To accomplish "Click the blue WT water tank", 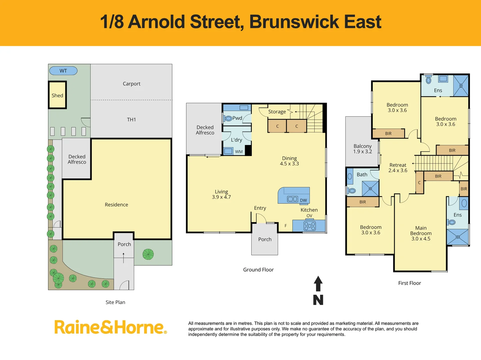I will coord(63,71).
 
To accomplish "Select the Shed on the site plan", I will coord(57,95).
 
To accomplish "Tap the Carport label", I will coord(131,84).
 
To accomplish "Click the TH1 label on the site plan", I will coord(131,119).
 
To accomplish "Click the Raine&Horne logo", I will coord(110,327).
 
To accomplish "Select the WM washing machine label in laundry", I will coord(239,152).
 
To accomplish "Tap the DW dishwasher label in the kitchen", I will coord(303,200).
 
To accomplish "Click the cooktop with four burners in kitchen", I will coord(309,226).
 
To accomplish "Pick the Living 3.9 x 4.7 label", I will coord(221,194).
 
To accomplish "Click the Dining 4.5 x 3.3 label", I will coord(289,161).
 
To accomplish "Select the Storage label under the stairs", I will coord(277,112).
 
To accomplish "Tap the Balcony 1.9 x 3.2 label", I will coord(362,149).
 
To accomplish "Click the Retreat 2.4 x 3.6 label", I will coord(398,168).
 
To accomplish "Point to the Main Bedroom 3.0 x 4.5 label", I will coord(421,233).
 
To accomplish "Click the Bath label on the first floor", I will coord(362,174).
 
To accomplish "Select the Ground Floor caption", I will coord(258,270).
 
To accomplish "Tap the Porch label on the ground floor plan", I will coord(265,239).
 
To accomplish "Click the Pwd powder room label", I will coord(237,118).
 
